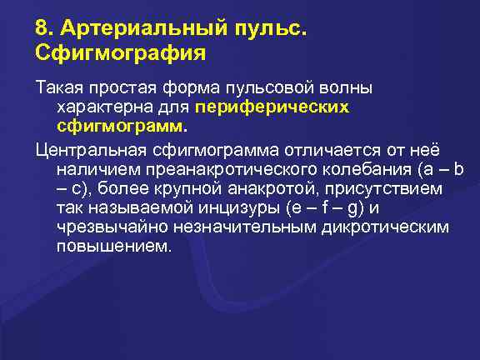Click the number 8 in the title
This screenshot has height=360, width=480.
(42, 29)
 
